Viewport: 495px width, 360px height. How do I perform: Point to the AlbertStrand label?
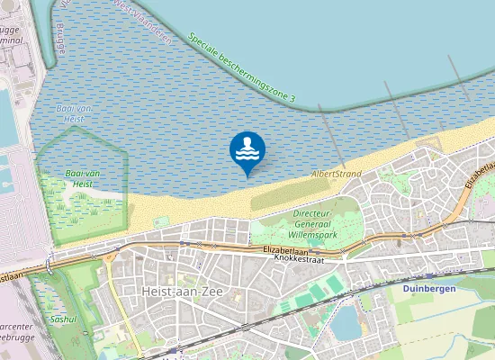tap(336, 173)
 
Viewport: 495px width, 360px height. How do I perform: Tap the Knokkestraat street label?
tap(297, 258)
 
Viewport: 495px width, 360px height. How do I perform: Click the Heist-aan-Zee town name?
tap(180, 292)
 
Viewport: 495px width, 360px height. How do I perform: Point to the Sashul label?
tap(63, 319)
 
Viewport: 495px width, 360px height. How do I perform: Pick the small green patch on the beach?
tap(161, 220)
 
